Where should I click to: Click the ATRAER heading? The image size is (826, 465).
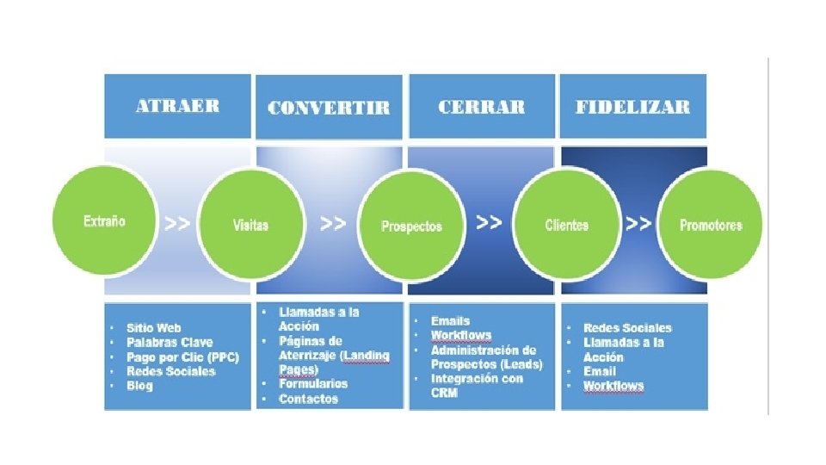click(x=177, y=106)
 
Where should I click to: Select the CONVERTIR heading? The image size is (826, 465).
click(x=329, y=108)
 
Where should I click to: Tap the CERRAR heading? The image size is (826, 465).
click(x=481, y=107)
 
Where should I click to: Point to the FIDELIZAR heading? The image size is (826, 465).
click(x=632, y=107)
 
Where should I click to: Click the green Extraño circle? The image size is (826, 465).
click(x=105, y=221)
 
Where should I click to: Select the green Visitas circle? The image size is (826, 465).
click(x=250, y=224)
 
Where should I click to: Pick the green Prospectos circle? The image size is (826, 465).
click(x=411, y=226)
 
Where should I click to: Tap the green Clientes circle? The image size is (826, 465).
click(x=567, y=225)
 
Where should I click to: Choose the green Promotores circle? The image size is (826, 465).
click(x=710, y=225)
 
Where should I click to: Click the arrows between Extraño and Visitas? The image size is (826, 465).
click(x=177, y=223)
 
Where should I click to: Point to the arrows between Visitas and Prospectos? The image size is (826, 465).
click(x=333, y=223)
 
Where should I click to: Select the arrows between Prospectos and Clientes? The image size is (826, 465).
click(x=489, y=222)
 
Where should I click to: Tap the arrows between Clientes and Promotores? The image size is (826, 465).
click(x=638, y=223)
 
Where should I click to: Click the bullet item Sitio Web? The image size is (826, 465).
click(x=153, y=328)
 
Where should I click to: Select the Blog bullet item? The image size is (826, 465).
click(x=139, y=386)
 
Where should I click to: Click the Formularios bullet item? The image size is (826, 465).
click(x=313, y=383)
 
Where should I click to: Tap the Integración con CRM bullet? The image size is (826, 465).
click(x=477, y=386)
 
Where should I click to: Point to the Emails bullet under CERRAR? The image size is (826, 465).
click(x=451, y=321)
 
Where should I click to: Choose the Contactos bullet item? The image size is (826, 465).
click(x=308, y=399)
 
